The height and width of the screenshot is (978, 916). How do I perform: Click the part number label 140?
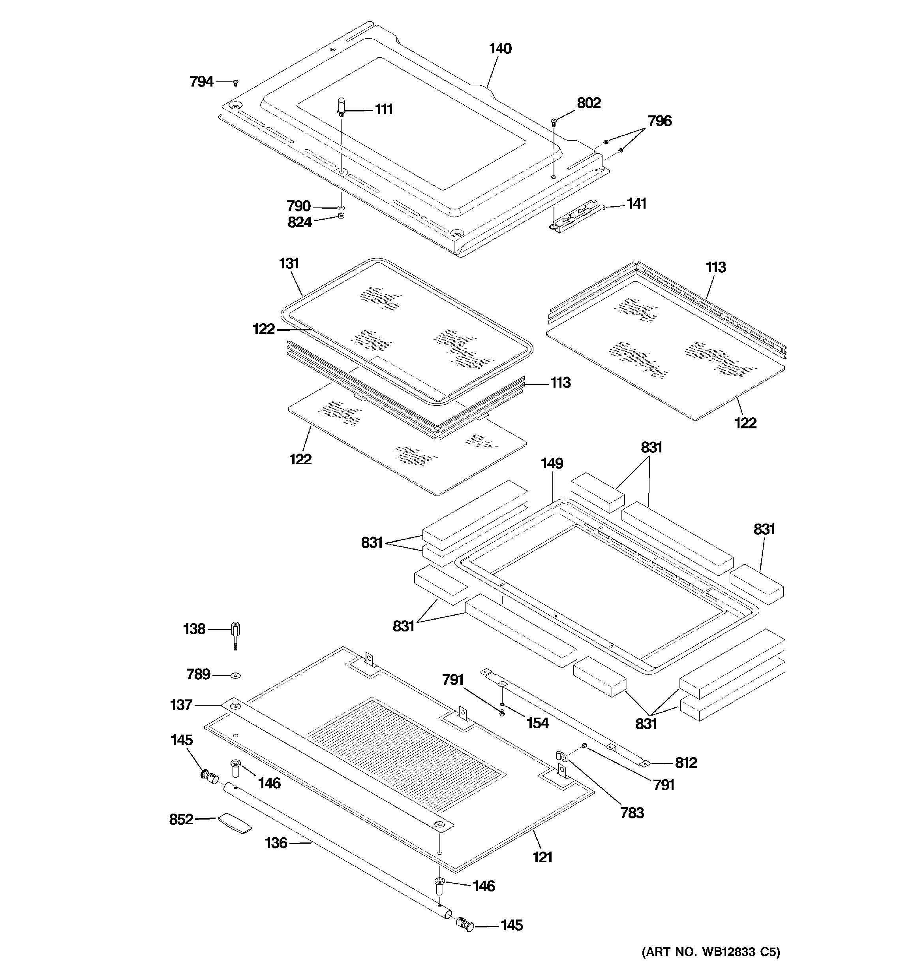500,49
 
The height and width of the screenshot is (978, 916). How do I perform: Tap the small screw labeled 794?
236,82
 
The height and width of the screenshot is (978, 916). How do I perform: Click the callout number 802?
589,103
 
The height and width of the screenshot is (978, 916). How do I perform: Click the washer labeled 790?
341,208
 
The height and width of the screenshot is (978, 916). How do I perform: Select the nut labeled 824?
341,216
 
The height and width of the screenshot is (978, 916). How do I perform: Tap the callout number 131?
289,264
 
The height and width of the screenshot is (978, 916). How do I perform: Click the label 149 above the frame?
552,464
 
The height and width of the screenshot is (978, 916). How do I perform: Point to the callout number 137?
181,705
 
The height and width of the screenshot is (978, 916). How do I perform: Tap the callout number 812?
686,763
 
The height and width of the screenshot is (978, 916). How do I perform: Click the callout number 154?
537,723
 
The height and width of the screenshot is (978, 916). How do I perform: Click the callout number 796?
659,121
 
